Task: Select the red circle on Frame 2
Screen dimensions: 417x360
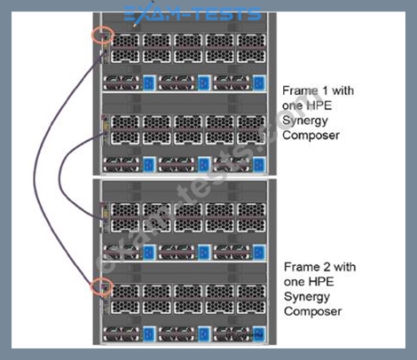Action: coord(92,286)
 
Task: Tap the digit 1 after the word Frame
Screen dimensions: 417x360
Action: coord(326,90)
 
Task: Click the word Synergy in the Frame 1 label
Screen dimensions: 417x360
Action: coord(305,121)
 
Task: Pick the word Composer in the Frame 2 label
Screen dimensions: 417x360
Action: coord(312,311)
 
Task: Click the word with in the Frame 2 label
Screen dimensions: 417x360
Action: coord(344,267)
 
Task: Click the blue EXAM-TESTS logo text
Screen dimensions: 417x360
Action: coord(193,13)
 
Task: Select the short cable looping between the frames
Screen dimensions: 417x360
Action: coord(59,177)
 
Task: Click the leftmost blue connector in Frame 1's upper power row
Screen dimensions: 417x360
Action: coord(149,82)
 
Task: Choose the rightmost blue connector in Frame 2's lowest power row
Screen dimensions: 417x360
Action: coord(259,334)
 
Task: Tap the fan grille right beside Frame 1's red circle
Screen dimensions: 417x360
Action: coord(125,40)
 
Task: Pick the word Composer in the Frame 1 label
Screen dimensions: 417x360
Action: coord(311,136)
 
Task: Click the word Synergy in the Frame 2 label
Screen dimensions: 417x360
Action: coord(307,297)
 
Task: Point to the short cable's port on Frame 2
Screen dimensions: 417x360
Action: coord(104,221)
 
